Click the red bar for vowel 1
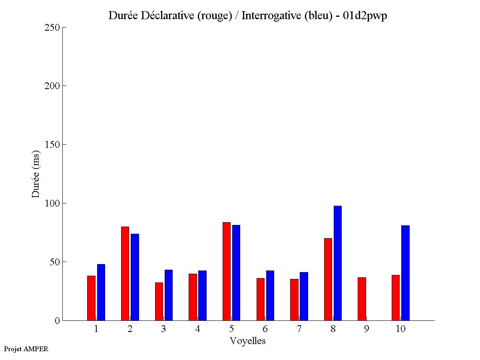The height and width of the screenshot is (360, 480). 91,298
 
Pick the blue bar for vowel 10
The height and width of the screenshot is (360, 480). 405,273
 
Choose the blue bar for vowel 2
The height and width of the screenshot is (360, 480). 135,277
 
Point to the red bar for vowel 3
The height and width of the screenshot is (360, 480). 159,301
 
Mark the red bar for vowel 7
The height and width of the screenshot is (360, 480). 294,300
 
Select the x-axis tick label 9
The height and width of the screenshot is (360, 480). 366,329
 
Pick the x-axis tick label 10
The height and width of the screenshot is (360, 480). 400,329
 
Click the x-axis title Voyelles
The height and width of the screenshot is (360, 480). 248,341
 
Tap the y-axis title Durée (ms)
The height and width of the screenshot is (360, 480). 36,174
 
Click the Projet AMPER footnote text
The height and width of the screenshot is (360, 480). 26,349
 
